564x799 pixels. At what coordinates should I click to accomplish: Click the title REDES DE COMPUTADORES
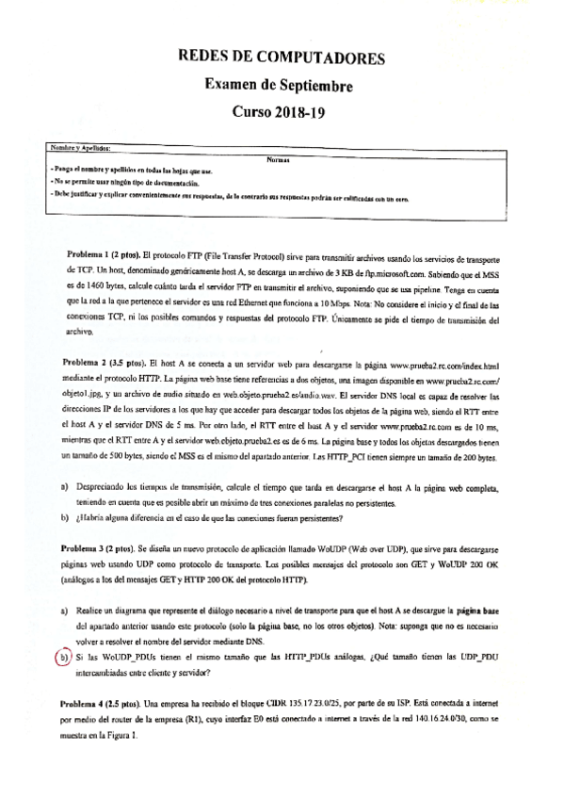(x=281, y=58)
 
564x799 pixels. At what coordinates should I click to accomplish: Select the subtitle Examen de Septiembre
(x=280, y=86)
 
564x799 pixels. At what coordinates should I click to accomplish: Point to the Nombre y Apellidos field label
(x=82, y=149)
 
